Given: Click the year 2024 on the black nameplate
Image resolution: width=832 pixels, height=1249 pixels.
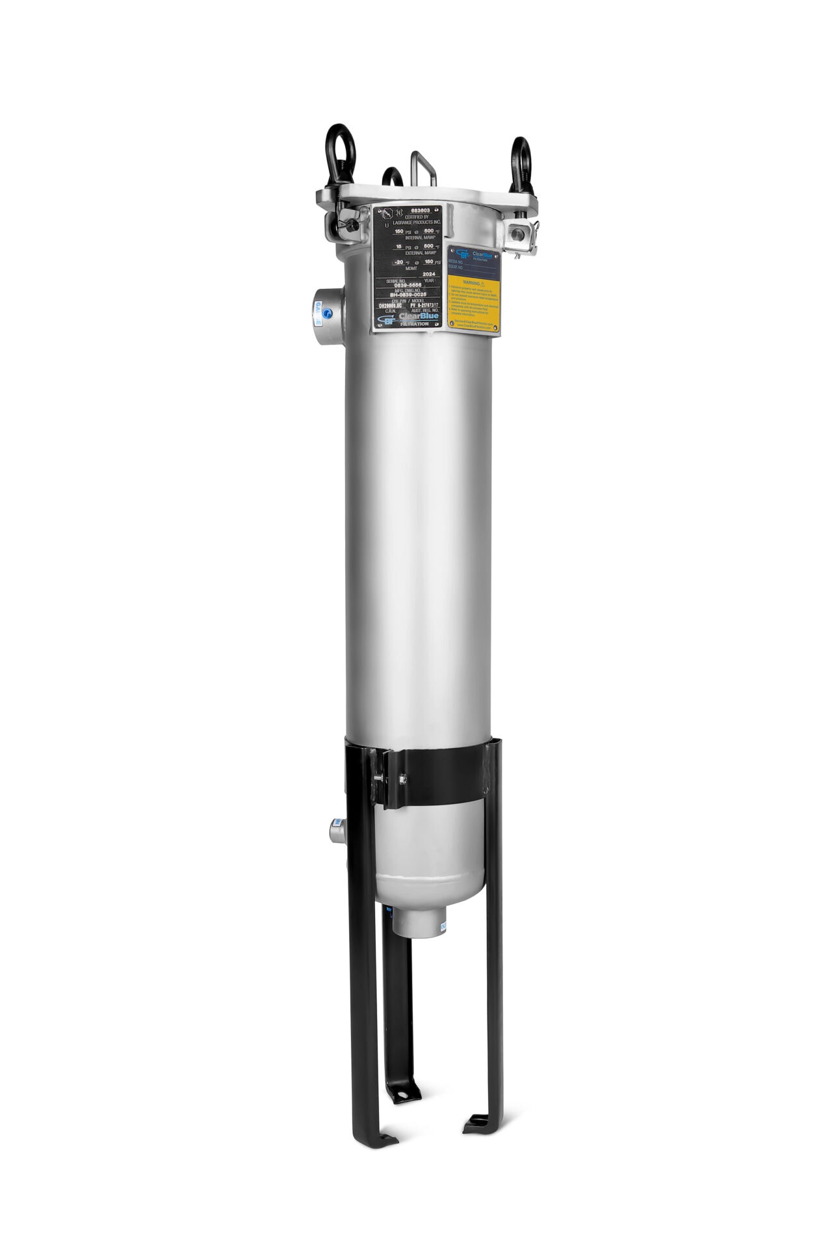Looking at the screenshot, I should pyautogui.click(x=428, y=274).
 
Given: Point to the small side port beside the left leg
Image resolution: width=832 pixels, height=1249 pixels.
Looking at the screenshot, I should pyautogui.click(x=338, y=831).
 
